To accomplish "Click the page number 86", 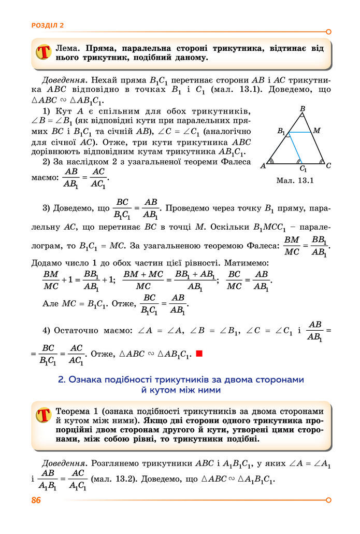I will (36, 500).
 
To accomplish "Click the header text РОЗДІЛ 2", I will (48, 25).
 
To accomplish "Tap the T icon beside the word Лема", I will (44, 52).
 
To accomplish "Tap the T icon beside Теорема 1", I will (44, 415).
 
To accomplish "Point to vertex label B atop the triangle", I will (303, 109).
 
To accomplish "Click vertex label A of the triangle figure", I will (263, 166).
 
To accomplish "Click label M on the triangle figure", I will (317, 131).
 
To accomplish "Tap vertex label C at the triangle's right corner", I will (328, 165).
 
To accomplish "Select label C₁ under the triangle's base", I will (303, 169).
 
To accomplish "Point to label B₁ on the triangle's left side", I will (281, 131).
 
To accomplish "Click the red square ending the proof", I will (199, 354).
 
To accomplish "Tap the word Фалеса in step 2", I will (236, 162).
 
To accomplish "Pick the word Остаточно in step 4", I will (84, 330).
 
